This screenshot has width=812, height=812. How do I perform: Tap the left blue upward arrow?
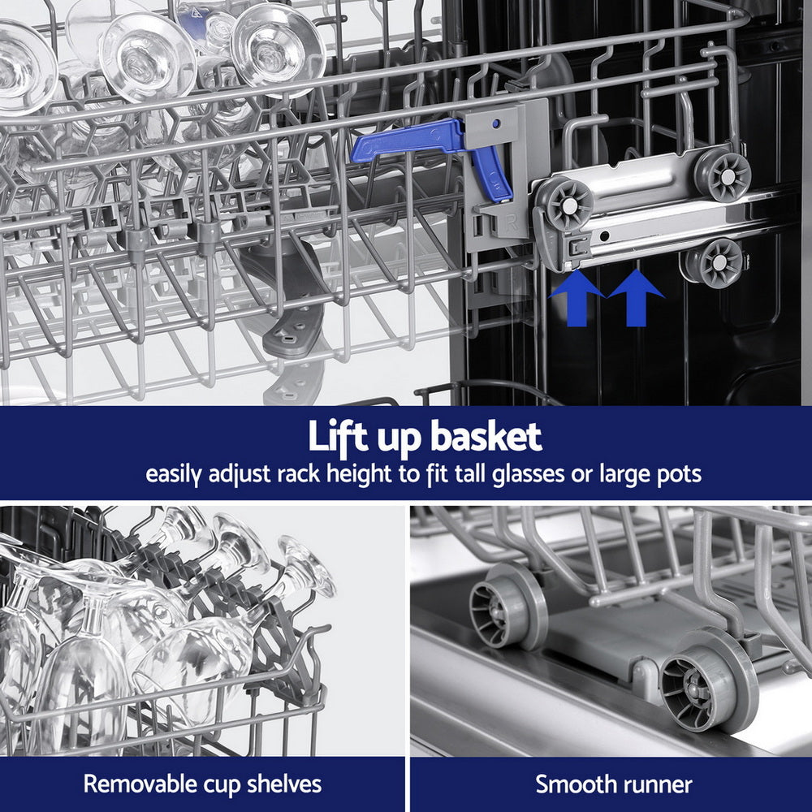point(577,298)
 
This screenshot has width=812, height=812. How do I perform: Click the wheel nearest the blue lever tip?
point(567,204)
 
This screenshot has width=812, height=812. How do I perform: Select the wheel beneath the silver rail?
point(715,263)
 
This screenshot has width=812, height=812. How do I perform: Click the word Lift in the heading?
point(340,438)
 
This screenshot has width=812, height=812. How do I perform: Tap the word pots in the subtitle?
point(678,474)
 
